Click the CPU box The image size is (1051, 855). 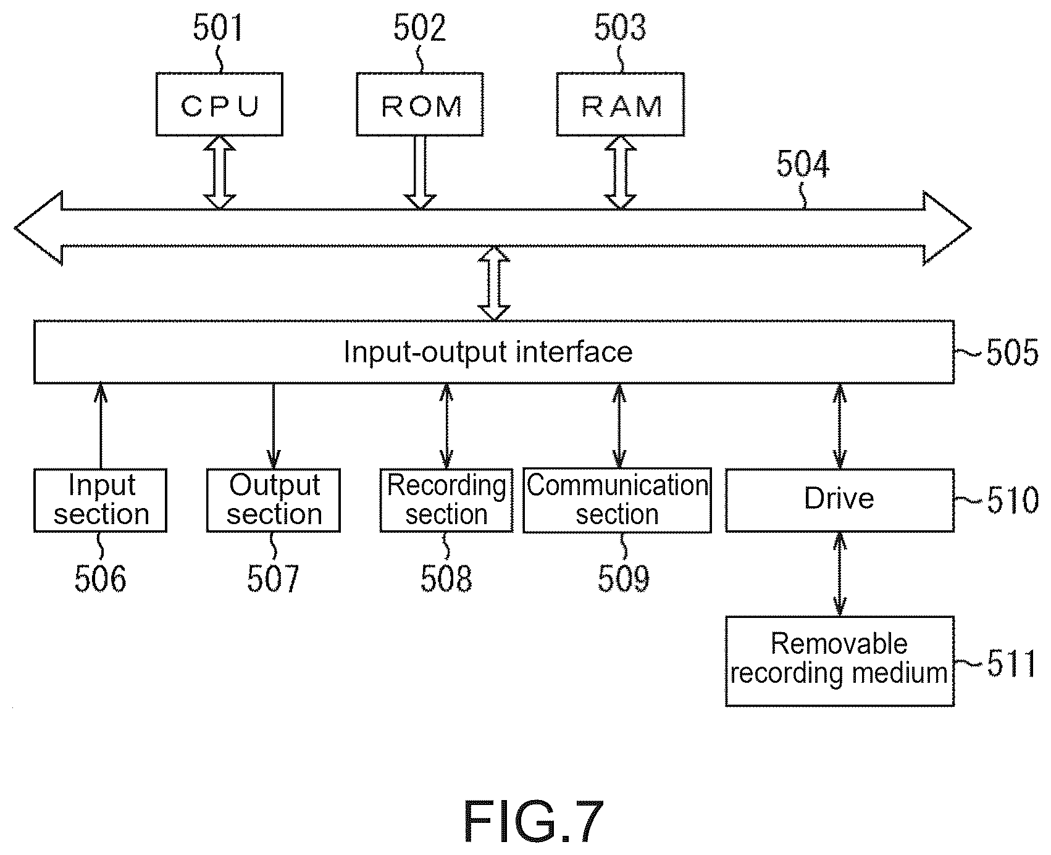click(219, 104)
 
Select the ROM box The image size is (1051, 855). click(420, 104)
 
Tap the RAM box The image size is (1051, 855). click(621, 104)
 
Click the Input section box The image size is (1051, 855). click(100, 500)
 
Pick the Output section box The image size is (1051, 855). click(274, 500)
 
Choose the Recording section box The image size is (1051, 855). click(446, 500)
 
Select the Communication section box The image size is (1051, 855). click(618, 500)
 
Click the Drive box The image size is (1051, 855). click(840, 500)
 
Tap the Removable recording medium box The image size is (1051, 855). click(840, 661)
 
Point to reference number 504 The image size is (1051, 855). click(803, 165)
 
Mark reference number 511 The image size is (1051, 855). click(1011, 664)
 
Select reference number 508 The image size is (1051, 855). click(446, 579)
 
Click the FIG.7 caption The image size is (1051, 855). click(534, 821)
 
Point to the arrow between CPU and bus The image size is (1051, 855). click(220, 172)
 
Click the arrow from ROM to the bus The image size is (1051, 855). click(421, 172)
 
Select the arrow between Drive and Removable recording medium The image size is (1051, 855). click(839, 573)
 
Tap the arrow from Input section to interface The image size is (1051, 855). click(100, 426)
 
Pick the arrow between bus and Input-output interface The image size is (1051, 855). click(495, 283)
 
